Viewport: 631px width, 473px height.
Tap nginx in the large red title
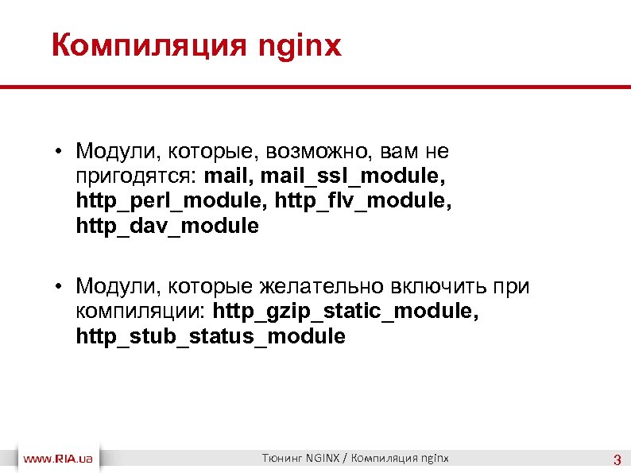(x=300, y=46)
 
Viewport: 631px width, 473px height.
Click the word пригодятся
(x=137, y=175)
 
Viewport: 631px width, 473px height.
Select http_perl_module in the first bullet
(x=172, y=200)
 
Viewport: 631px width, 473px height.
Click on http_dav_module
(x=167, y=226)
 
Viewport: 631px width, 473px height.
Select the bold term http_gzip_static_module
(x=346, y=312)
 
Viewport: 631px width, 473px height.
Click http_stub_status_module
(x=211, y=337)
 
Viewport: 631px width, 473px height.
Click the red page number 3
(x=616, y=459)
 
